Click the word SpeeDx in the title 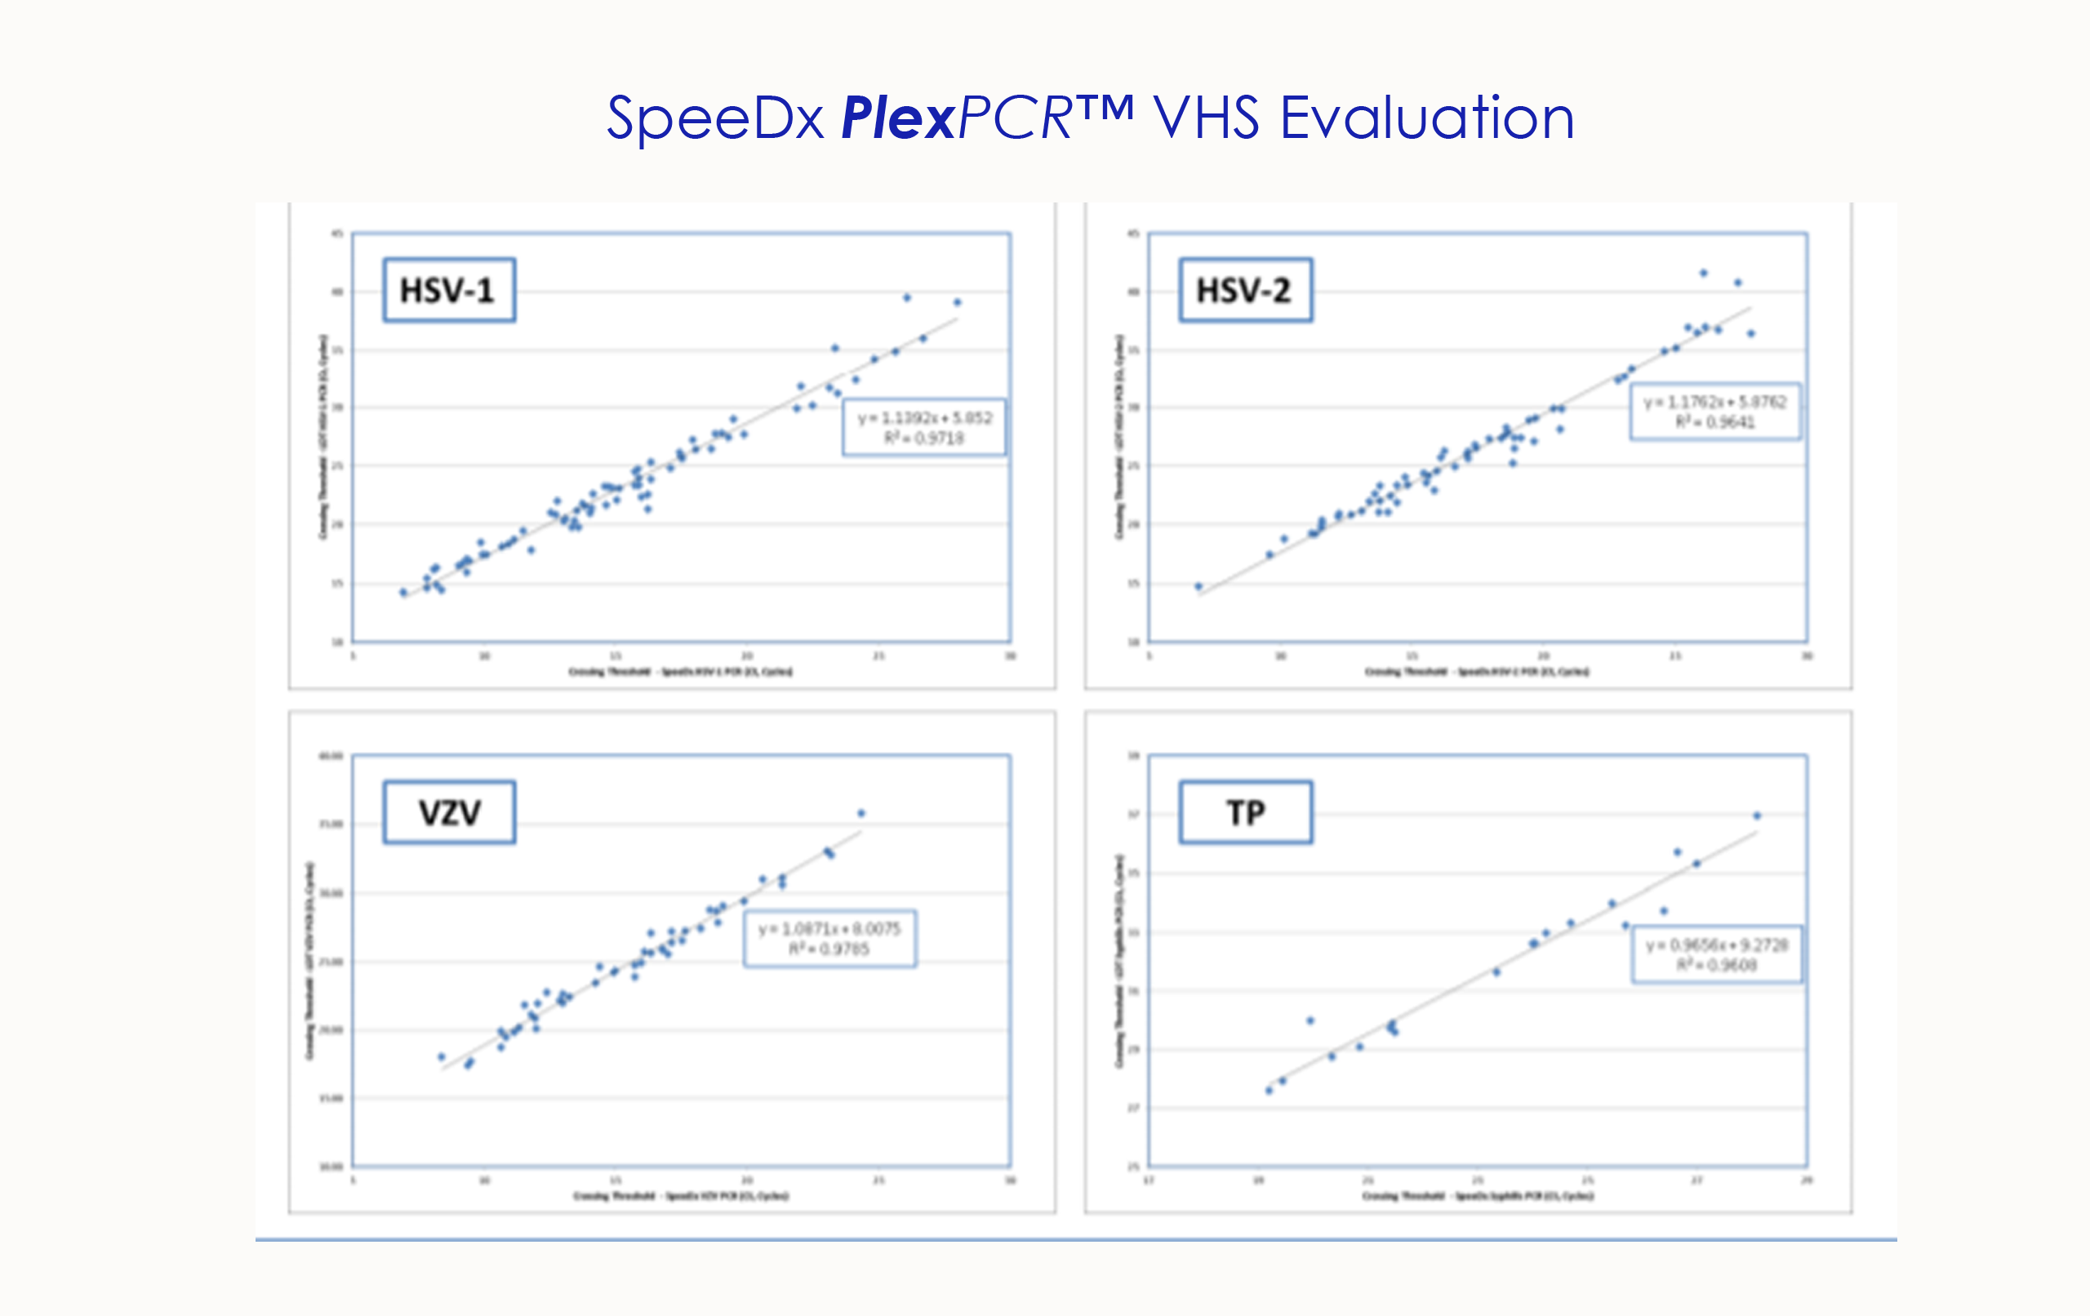tap(714, 119)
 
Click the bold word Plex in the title tap(897, 119)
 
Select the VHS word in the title tap(1206, 119)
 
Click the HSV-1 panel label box tap(449, 290)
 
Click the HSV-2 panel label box tap(1245, 290)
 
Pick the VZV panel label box tap(449, 812)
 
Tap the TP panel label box tap(1245, 812)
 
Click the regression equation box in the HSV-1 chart tap(923, 427)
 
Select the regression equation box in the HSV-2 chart tap(1714, 411)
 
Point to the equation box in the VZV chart tap(829, 938)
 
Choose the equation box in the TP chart tap(1716, 954)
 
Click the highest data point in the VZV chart tap(861, 813)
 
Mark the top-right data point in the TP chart tap(1757, 816)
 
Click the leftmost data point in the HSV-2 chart tap(1198, 587)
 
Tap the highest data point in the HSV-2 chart tap(1703, 273)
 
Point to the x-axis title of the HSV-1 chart tap(680, 672)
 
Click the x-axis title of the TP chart tap(1477, 1196)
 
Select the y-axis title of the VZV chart tap(309, 960)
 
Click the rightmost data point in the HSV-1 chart tap(958, 303)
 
